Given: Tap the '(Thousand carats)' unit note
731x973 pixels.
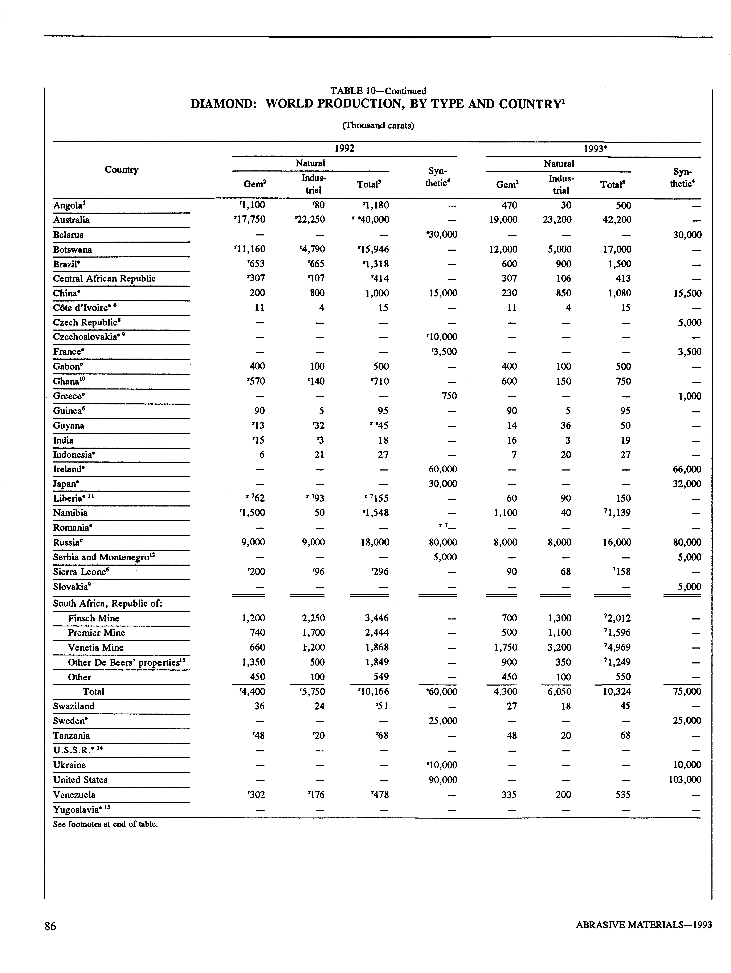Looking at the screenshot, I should (378, 125).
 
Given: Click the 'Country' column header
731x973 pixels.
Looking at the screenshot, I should (121, 170).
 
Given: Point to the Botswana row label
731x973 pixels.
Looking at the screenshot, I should (73, 249).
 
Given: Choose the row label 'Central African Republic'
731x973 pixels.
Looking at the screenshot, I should (104, 278).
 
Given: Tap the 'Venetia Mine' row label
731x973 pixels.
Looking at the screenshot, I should (95, 647).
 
